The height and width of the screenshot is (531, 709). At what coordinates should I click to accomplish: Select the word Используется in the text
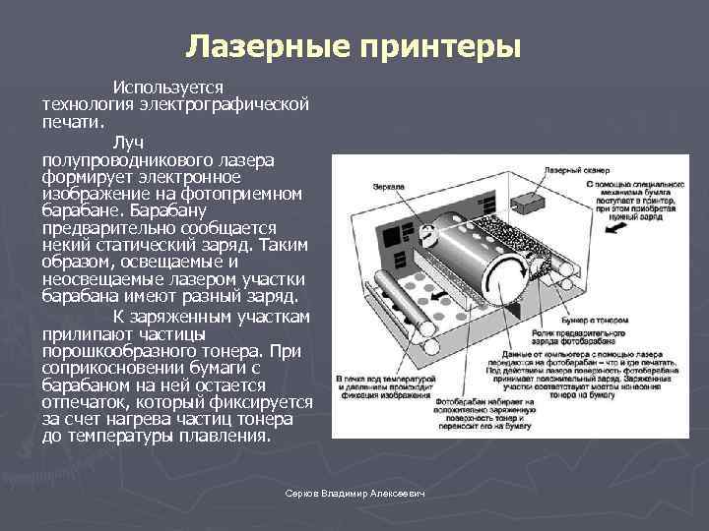[x=168, y=88]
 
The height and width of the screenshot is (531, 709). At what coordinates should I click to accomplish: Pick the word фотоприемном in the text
[x=246, y=192]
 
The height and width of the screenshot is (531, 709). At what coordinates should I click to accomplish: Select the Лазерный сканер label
[x=569, y=169]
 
